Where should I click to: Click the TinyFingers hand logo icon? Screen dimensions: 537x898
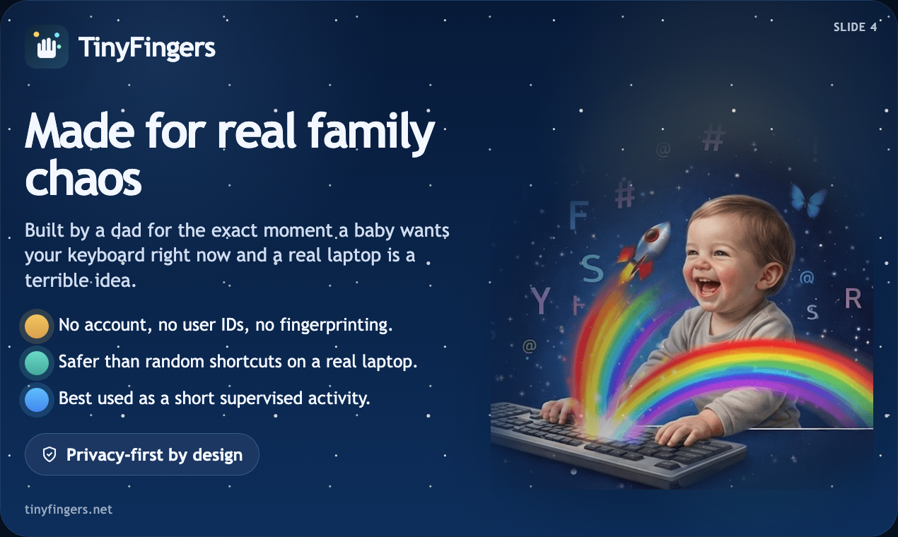pyautogui.click(x=47, y=47)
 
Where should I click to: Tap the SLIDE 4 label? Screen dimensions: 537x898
pyautogui.click(x=856, y=28)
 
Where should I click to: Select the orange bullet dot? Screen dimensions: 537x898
pyautogui.click(x=37, y=326)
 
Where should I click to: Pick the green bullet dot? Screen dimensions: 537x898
pyautogui.click(x=37, y=362)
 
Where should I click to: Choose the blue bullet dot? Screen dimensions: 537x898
pyautogui.click(x=37, y=399)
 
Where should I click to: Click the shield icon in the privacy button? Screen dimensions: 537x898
pyautogui.click(x=49, y=454)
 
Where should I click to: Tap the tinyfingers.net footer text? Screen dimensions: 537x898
pyautogui.click(x=69, y=509)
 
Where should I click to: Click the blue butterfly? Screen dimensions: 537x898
pyautogui.click(x=808, y=200)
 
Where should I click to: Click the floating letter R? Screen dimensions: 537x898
pyautogui.click(x=853, y=300)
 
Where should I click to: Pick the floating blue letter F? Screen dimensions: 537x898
pyautogui.click(x=579, y=216)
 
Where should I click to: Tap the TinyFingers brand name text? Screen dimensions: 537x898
pyautogui.click(x=147, y=48)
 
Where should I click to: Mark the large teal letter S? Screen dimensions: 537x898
pyautogui.click(x=592, y=269)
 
